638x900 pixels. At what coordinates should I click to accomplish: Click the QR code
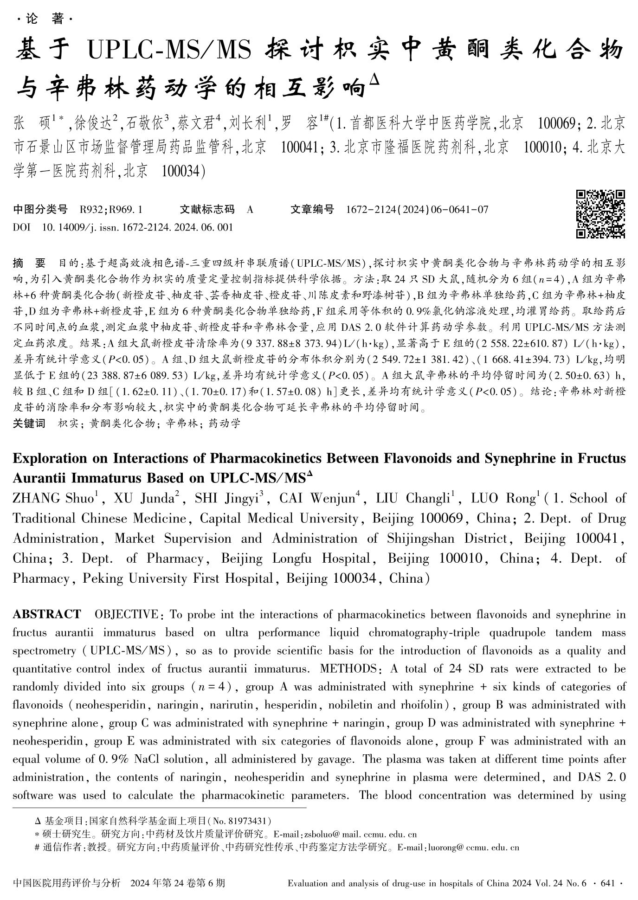pyautogui.click(x=600, y=214)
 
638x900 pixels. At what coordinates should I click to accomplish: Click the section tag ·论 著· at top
pyautogui.click(x=45, y=19)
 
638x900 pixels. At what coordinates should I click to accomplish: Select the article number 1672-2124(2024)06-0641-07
pyautogui.click(x=417, y=210)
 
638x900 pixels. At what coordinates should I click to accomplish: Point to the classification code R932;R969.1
pyautogui.click(x=111, y=210)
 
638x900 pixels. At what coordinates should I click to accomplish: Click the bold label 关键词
pyautogui.click(x=29, y=423)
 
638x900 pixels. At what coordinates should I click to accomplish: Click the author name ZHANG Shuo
pyautogui.click(x=53, y=499)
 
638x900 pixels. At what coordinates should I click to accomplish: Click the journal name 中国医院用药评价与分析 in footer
pyautogui.click(x=67, y=883)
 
